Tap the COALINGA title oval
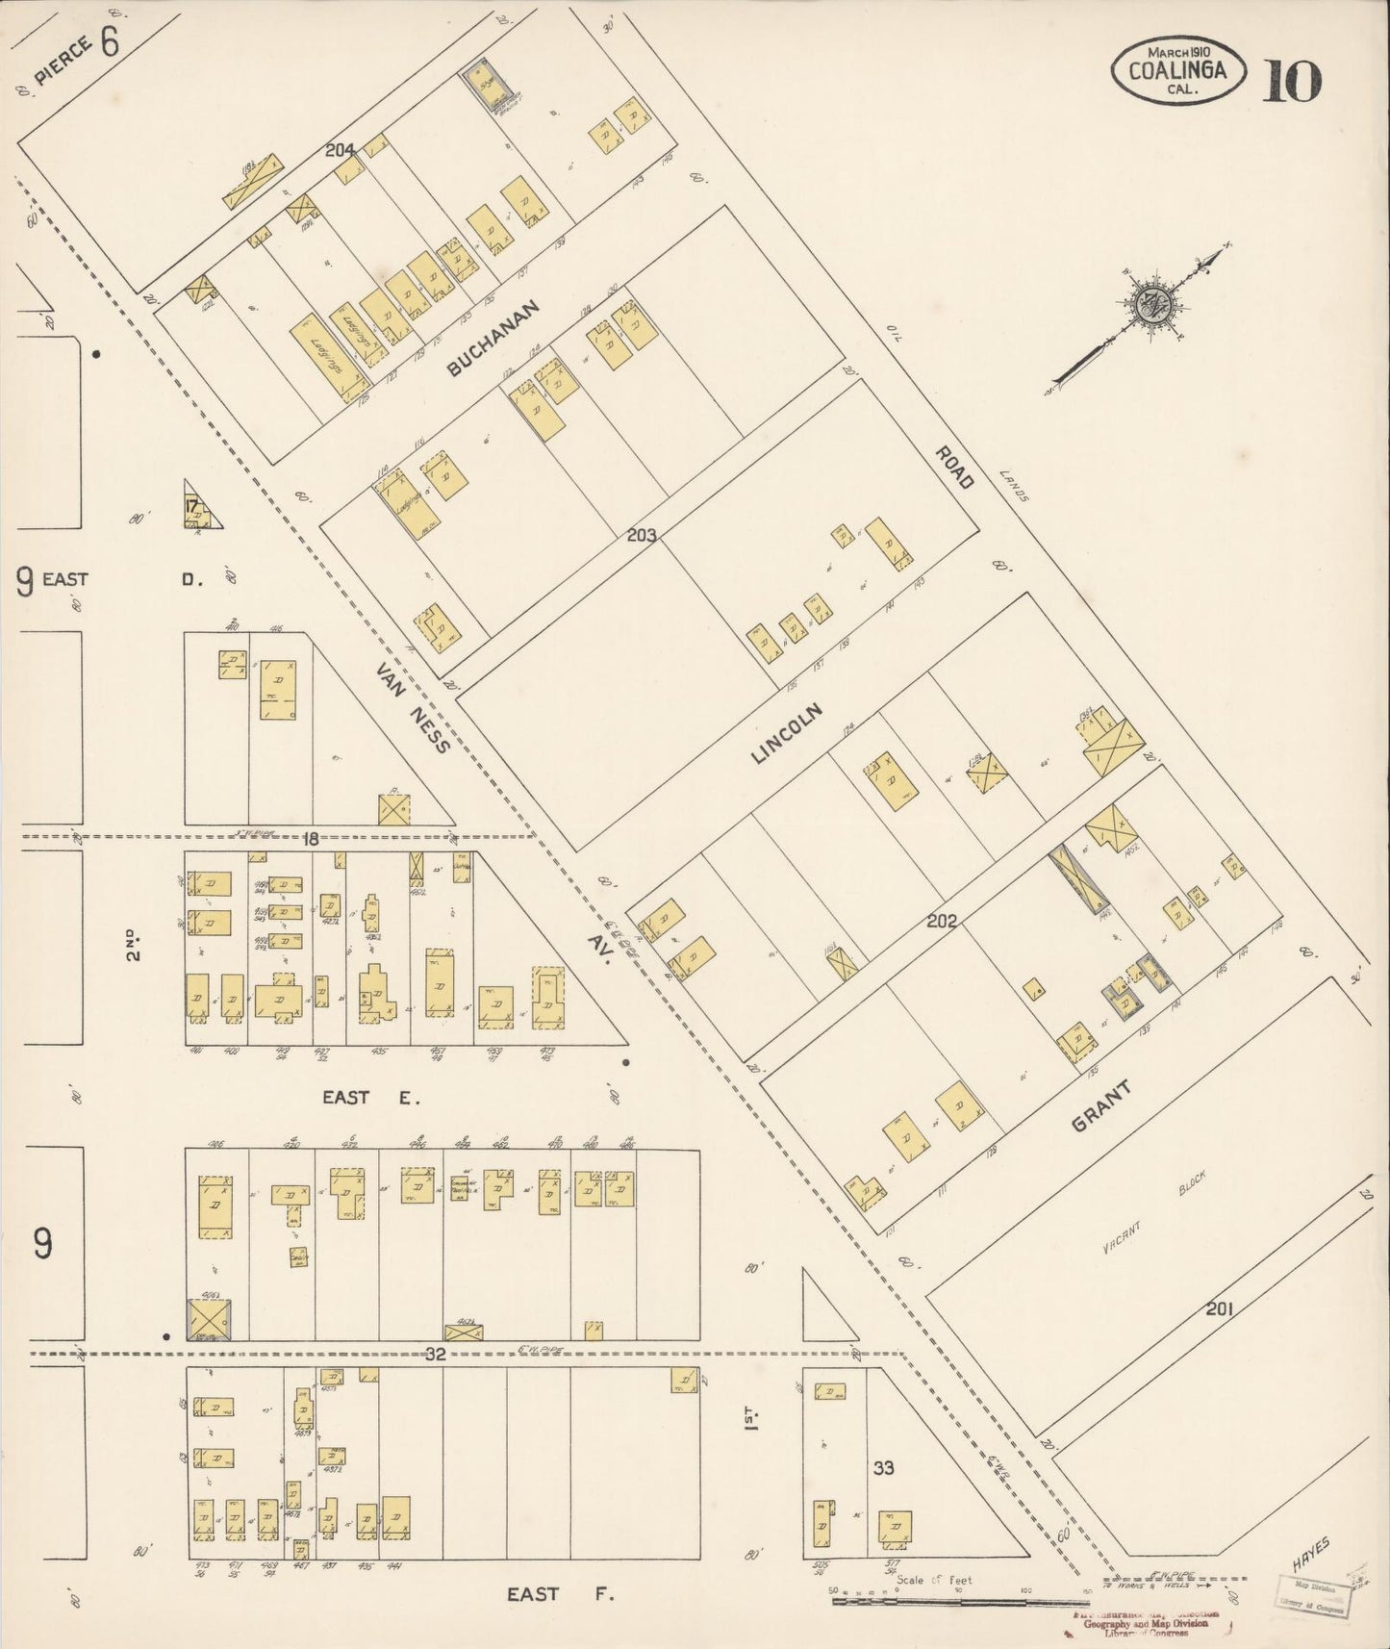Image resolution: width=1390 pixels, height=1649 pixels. pyautogui.click(x=1179, y=70)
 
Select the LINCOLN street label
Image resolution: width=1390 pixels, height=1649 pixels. pyautogui.click(x=788, y=733)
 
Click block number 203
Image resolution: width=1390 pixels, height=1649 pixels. pyautogui.click(x=641, y=535)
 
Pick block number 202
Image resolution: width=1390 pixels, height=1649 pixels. pyautogui.click(x=941, y=921)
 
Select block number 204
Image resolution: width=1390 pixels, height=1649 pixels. pyautogui.click(x=340, y=149)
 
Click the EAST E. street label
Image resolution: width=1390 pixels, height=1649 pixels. pyautogui.click(x=371, y=1096)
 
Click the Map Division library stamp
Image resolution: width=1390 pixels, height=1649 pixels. pyautogui.click(x=1314, y=1597)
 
